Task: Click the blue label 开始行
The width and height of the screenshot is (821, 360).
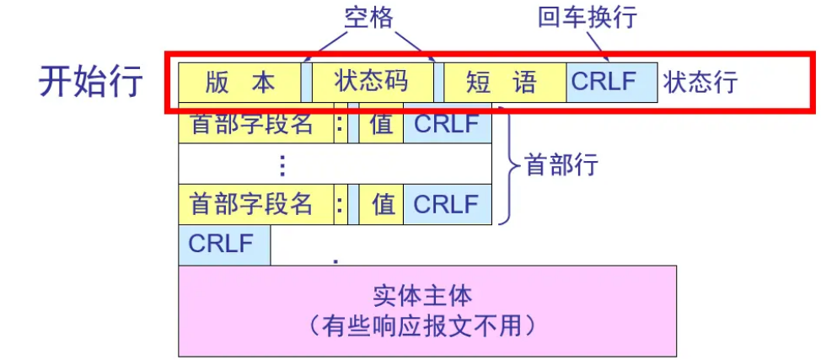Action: pos(91,81)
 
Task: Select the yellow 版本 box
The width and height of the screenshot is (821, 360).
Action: pos(240,82)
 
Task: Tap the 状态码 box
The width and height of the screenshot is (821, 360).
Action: pos(372,82)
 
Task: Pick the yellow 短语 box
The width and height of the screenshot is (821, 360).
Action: pos(503,82)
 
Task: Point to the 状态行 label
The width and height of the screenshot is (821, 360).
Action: pos(700,82)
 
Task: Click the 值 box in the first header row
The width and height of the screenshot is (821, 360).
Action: pos(381,124)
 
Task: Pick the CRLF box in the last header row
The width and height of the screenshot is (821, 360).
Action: pos(447,203)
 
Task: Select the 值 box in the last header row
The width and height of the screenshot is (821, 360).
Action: pos(381,203)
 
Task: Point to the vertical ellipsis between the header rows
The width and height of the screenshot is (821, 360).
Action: pos(282,164)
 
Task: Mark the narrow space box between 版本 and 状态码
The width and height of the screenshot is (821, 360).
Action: pos(307,82)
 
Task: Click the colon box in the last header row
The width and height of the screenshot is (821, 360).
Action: pos(341,203)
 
